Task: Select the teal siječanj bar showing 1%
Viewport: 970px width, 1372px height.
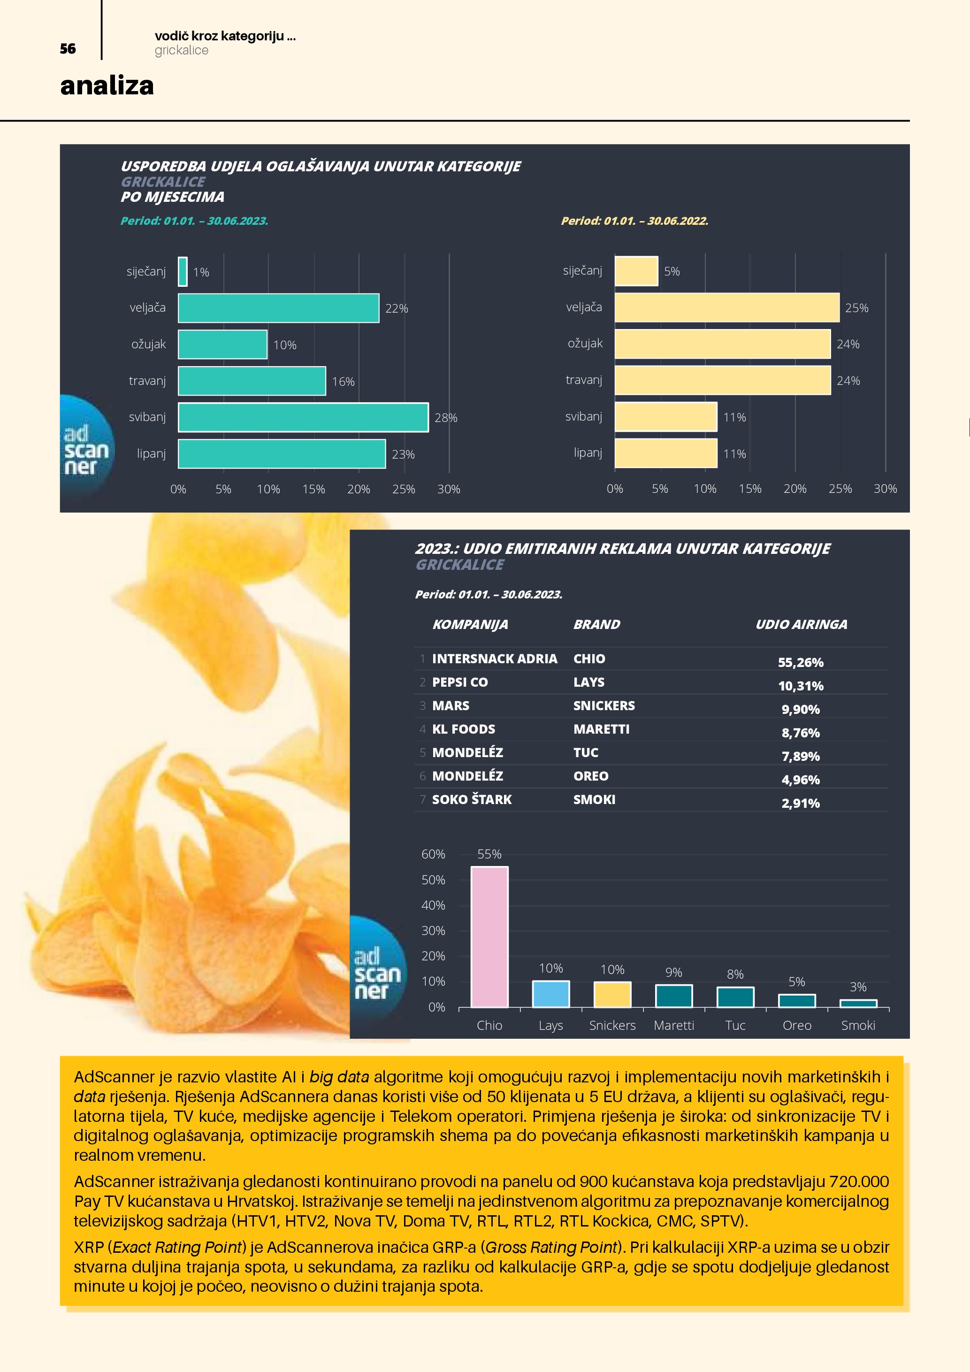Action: [x=183, y=272]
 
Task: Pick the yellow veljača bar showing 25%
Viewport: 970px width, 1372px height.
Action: [x=726, y=308]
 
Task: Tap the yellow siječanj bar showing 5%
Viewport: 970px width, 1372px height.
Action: [x=636, y=271]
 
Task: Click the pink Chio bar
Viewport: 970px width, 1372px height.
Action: [x=489, y=936]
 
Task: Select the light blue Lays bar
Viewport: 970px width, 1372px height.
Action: [x=551, y=994]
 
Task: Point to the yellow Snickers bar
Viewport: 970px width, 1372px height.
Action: [x=612, y=994]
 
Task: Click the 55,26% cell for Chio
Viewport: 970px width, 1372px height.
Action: [x=801, y=662]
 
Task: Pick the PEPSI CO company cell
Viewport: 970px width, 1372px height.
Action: [x=460, y=682]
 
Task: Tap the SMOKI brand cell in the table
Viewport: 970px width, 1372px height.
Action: [x=594, y=799]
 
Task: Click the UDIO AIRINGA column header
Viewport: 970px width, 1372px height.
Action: [x=801, y=624]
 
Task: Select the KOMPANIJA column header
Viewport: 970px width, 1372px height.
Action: [x=470, y=624]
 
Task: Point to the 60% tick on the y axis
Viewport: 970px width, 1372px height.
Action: [x=433, y=854]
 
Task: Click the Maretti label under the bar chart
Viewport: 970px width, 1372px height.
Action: [x=674, y=1026]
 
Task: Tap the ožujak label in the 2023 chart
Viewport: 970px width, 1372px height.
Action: [x=149, y=344]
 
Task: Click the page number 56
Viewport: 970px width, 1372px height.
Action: [x=68, y=49]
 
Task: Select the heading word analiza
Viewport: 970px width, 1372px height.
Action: [x=107, y=85]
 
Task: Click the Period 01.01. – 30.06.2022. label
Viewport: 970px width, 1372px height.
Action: [x=634, y=221]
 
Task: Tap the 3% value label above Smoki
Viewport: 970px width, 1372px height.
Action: [x=858, y=987]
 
